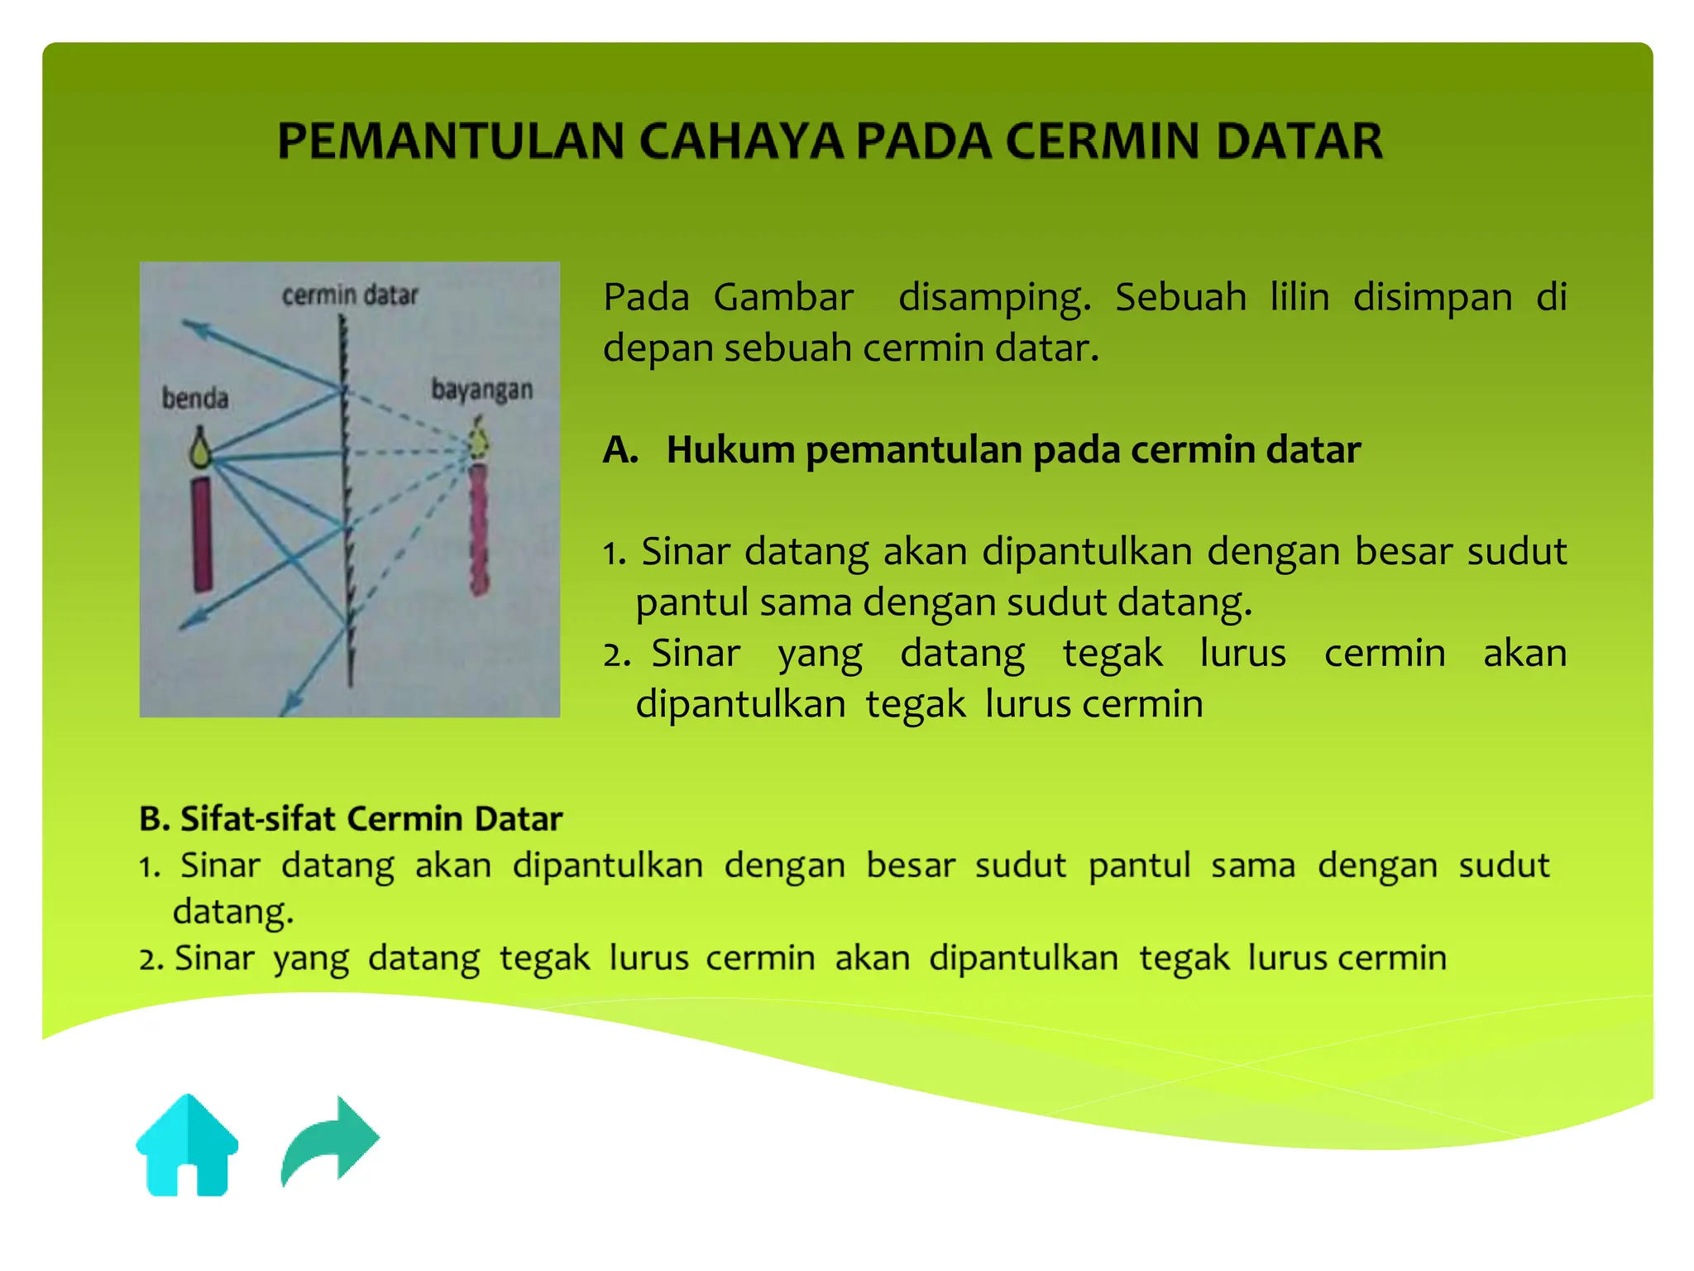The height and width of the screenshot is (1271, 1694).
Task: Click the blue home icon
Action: click(x=187, y=1145)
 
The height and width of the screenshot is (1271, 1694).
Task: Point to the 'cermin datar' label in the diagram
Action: click(x=350, y=295)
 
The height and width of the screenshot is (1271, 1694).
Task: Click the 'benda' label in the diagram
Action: click(x=195, y=399)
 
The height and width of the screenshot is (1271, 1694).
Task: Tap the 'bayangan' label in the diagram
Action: click(x=481, y=390)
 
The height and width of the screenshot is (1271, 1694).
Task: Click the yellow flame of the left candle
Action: click(x=200, y=449)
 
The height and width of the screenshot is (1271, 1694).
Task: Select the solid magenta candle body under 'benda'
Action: click(x=202, y=535)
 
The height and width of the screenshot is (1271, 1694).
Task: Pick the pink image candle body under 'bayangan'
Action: click(x=479, y=530)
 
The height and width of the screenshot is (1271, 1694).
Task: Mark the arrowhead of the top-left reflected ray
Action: click(x=193, y=328)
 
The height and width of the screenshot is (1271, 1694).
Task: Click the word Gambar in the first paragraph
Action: click(x=783, y=297)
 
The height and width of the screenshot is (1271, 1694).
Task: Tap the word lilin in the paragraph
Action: click(x=1299, y=297)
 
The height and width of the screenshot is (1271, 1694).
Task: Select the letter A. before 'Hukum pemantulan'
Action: click(x=620, y=450)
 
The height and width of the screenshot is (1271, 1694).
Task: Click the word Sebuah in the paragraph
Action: click(x=1180, y=297)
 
